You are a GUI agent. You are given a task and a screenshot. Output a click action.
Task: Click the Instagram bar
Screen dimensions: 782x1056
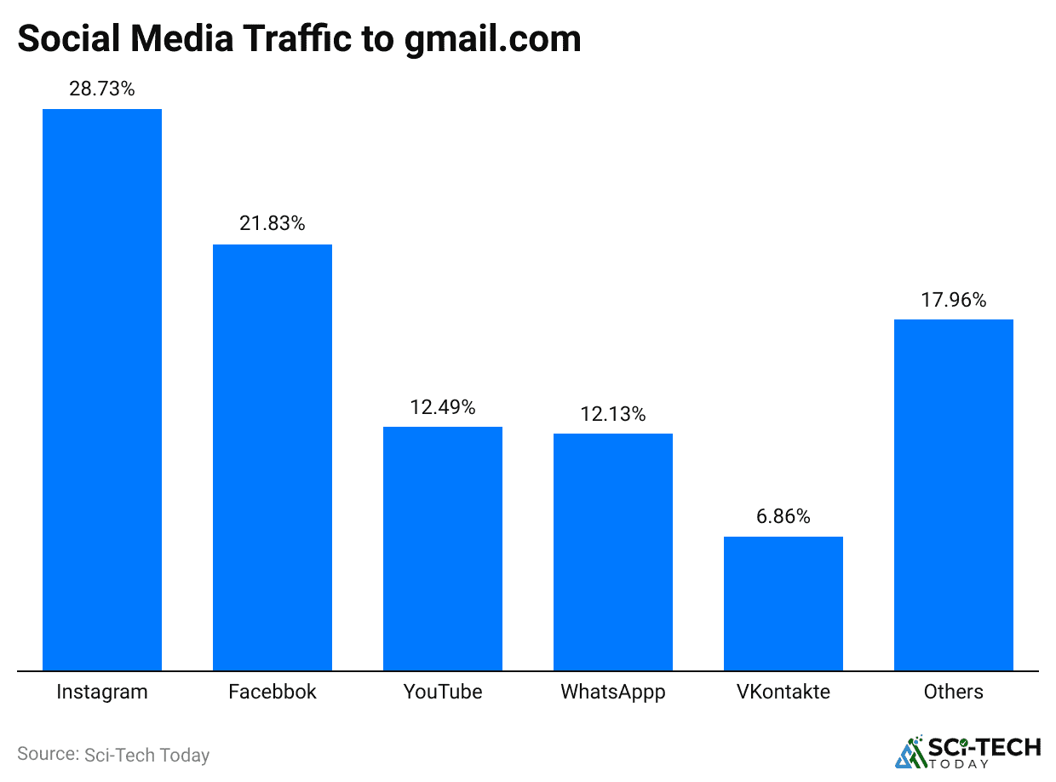pyautogui.click(x=102, y=389)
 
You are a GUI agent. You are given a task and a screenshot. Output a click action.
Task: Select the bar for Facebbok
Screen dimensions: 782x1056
pyautogui.click(x=273, y=457)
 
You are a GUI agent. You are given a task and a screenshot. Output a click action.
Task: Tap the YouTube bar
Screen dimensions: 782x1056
pyautogui.click(x=443, y=549)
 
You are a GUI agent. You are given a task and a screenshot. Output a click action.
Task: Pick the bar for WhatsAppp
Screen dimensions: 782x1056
pyautogui.click(x=613, y=552)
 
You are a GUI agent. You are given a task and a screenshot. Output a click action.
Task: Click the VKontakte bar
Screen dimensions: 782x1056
pyautogui.click(x=783, y=603)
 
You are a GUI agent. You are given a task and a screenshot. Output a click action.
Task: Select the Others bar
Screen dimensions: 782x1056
pyautogui.click(x=954, y=495)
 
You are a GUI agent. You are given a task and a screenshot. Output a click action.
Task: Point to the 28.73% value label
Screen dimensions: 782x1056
pyautogui.click(x=102, y=89)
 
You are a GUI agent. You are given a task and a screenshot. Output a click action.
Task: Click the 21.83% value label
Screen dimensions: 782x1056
pyautogui.click(x=273, y=224)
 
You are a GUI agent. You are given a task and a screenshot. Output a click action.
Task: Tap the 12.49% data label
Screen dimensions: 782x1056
pyautogui.click(x=443, y=407)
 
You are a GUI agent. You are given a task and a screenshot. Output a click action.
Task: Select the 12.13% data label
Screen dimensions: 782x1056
pyautogui.click(x=613, y=414)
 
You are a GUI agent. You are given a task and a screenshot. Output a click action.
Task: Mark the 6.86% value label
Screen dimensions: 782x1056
pyautogui.click(x=783, y=516)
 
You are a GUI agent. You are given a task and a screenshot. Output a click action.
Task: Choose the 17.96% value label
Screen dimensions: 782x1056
pyautogui.click(x=954, y=300)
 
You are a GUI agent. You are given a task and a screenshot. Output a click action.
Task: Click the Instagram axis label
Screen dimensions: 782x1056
pyautogui.click(x=102, y=692)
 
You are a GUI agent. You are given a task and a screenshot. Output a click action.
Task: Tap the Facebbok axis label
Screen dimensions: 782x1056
pyautogui.click(x=273, y=692)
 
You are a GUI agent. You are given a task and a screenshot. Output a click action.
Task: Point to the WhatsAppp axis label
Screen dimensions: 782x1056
pyautogui.click(x=613, y=692)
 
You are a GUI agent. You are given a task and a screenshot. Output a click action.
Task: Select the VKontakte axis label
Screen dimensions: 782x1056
pyautogui.click(x=783, y=692)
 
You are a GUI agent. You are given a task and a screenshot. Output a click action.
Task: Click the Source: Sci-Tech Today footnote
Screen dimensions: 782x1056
pyautogui.click(x=113, y=755)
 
